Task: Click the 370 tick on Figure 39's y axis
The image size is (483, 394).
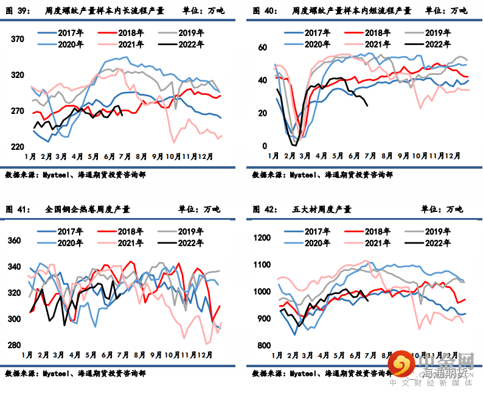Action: click(17, 40)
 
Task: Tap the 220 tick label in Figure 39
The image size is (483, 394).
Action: click(17, 147)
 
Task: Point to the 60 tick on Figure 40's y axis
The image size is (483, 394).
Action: click(263, 47)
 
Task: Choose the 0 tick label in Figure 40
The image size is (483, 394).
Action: click(265, 146)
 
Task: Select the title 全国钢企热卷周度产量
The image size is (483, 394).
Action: click(88, 209)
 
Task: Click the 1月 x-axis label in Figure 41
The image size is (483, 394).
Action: click(27, 354)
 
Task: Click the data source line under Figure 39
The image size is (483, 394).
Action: click(75, 175)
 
